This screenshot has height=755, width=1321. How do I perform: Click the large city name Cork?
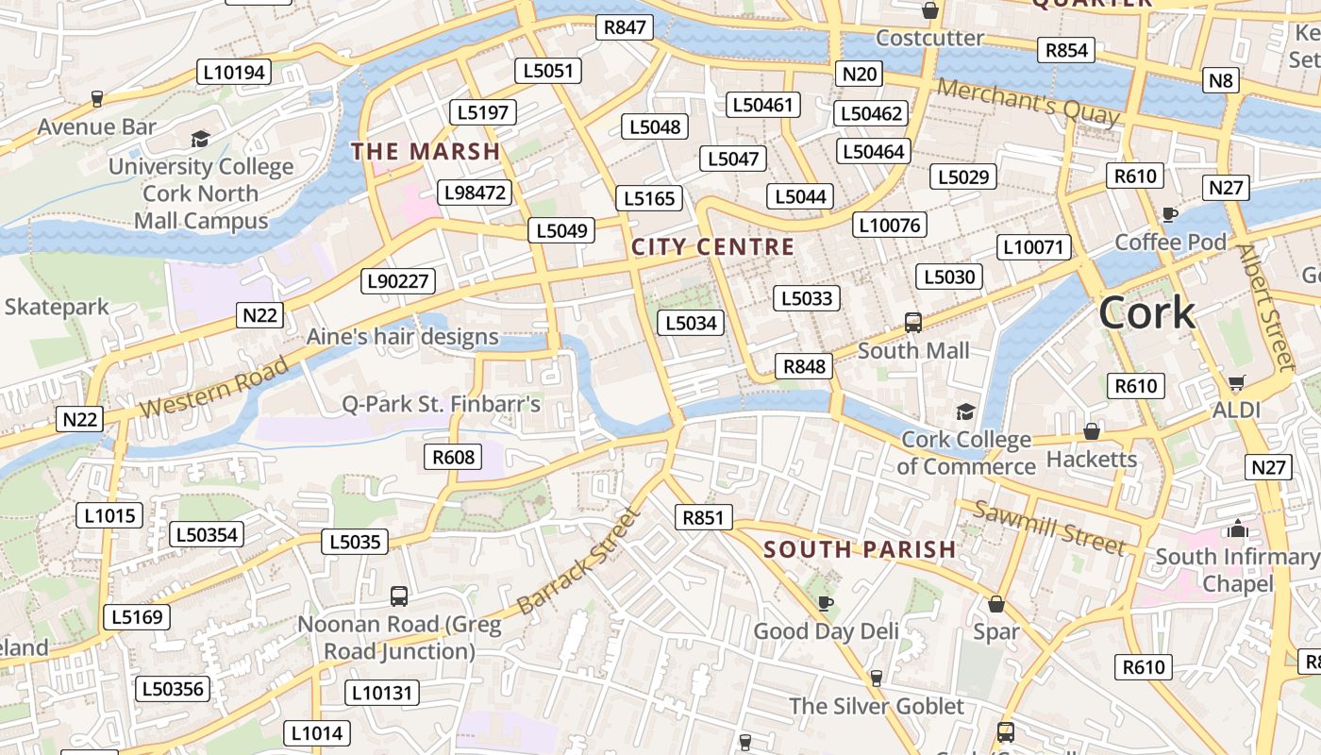click(1146, 313)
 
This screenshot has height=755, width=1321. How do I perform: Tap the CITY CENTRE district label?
click(712, 247)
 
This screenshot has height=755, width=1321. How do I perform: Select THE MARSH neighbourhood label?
click(426, 151)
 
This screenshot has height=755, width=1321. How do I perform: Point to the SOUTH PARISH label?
click(860, 549)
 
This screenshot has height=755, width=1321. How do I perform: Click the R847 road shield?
click(625, 27)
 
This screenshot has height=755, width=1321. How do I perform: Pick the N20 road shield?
click(860, 75)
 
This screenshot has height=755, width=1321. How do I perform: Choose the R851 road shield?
click(704, 516)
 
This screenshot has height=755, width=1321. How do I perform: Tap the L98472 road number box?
click(476, 193)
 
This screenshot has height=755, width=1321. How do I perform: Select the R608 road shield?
click(453, 458)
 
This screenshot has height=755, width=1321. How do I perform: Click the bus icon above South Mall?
click(912, 323)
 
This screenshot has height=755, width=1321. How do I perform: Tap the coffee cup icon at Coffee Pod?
click(1170, 214)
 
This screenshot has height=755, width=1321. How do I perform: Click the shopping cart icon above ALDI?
click(1236, 383)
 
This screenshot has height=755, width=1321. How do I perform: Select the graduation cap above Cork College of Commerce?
click(965, 411)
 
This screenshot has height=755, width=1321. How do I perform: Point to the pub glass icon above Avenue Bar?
click(96, 98)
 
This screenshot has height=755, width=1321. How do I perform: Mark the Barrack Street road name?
click(578, 562)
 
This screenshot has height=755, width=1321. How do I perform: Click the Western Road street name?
click(214, 387)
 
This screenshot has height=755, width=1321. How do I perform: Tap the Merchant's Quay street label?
click(1028, 102)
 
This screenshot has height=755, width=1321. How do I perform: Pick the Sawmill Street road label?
click(1048, 528)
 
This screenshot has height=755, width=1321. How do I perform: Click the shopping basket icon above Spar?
click(995, 604)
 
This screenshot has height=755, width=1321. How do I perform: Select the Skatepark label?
click(57, 307)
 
